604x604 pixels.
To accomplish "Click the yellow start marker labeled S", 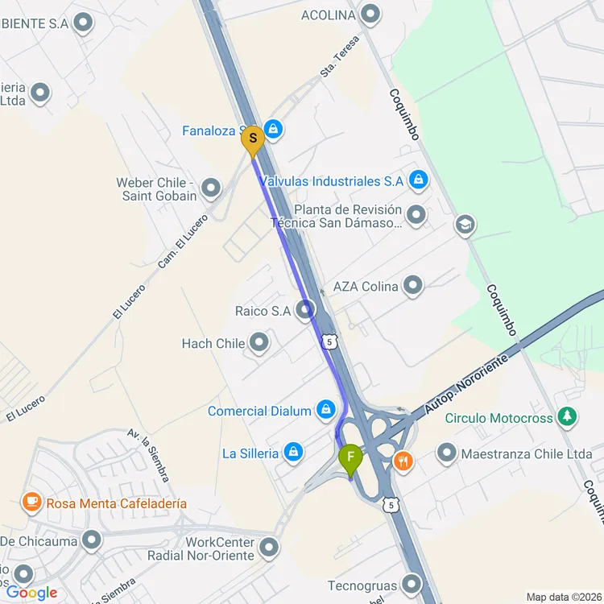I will (253, 139).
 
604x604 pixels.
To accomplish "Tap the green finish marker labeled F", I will (350, 459).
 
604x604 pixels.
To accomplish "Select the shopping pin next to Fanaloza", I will (273, 129).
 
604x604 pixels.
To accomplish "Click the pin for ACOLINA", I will (370, 14).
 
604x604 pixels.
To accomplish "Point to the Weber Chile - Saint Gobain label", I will (156, 189).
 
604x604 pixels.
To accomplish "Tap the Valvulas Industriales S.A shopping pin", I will (417, 181).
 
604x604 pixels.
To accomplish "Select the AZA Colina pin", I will (412, 285).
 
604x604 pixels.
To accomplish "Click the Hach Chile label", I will (213, 344).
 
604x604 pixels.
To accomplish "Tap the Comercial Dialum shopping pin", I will (326, 411).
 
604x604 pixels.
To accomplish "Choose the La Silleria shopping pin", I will (293, 453).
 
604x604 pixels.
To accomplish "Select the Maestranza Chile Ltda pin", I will (447, 453).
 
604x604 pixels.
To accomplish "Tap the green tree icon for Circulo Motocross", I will (569, 417).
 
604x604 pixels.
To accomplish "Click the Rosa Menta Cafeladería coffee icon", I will (31, 503).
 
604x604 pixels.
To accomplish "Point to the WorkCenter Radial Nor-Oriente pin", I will (268, 549).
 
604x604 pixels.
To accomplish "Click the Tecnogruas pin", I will (412, 585).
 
